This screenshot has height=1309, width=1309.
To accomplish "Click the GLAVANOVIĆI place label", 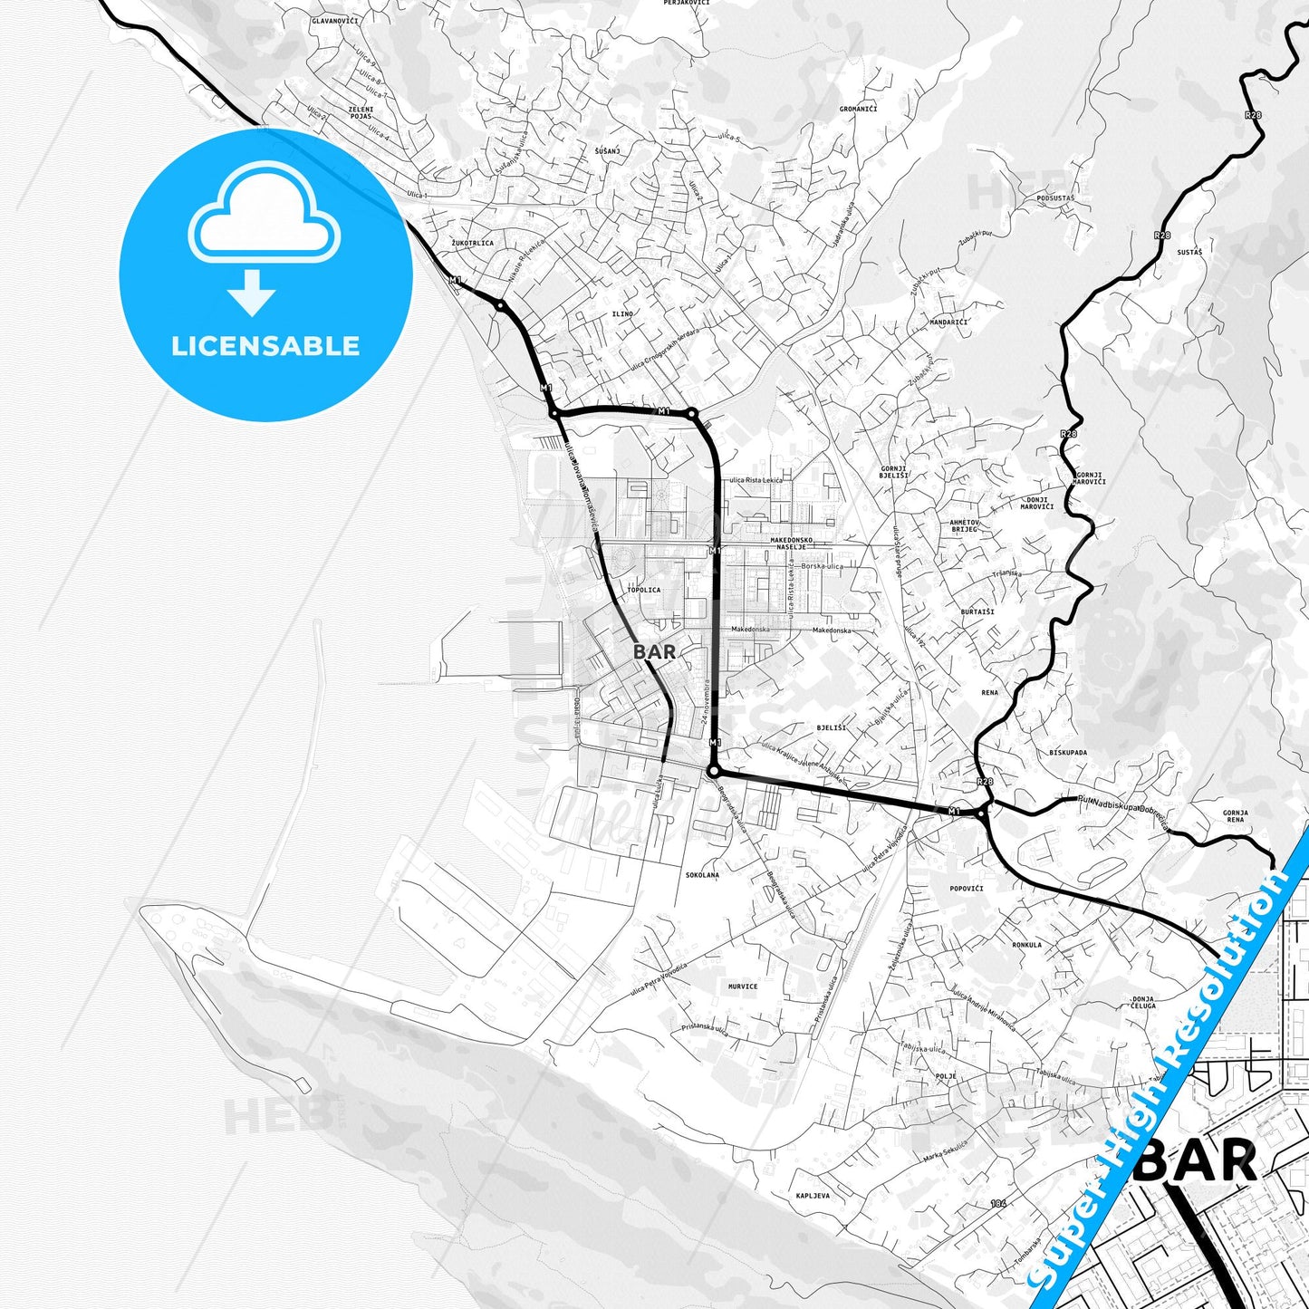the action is pyautogui.click(x=334, y=20).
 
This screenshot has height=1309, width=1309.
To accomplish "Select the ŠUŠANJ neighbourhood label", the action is pyautogui.click(x=607, y=150).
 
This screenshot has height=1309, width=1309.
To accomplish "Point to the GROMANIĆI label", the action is pyautogui.click(x=858, y=109).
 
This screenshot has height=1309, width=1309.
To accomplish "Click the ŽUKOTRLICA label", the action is pyautogui.click(x=472, y=243).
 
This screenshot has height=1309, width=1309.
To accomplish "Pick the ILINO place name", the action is pyautogui.click(x=622, y=313).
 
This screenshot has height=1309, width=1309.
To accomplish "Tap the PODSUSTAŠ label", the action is pyautogui.click(x=1054, y=197).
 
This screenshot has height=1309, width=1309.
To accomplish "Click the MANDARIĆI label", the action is pyautogui.click(x=948, y=322).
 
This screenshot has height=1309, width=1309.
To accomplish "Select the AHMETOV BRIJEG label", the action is pyautogui.click(x=963, y=525).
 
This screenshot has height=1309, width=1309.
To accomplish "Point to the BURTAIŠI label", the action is pyautogui.click(x=977, y=611).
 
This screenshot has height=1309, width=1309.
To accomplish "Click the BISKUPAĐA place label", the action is pyautogui.click(x=1068, y=752).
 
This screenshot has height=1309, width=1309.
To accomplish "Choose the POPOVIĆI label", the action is pyautogui.click(x=967, y=888).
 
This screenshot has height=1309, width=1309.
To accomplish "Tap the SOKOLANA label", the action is pyautogui.click(x=702, y=875).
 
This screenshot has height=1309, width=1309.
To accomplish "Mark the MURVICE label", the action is pyautogui.click(x=742, y=987).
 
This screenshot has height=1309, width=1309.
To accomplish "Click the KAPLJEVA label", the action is pyautogui.click(x=813, y=1196).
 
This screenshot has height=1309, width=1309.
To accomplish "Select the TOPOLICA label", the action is pyautogui.click(x=643, y=590).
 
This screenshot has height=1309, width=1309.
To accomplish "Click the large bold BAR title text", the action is pyautogui.click(x=1195, y=1160).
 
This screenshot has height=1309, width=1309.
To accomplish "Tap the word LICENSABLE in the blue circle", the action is pyautogui.click(x=265, y=345).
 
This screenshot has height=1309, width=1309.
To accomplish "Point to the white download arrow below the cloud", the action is pyautogui.click(x=252, y=291).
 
